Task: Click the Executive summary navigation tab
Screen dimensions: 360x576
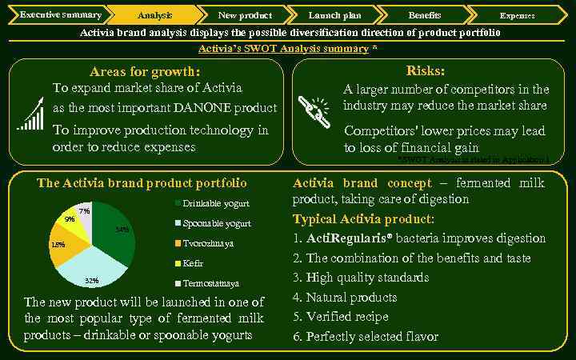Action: pos(59,14)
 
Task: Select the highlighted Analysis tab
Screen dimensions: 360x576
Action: pos(154,15)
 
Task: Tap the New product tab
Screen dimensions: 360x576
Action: pos(245,15)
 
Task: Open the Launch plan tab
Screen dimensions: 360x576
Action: pos(334,15)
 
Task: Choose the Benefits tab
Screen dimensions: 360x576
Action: pos(424,15)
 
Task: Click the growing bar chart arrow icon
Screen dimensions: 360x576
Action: pos(30,114)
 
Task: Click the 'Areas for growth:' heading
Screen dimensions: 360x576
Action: pos(145,72)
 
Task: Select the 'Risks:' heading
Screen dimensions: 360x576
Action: pos(426,71)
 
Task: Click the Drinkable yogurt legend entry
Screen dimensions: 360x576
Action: pos(210,203)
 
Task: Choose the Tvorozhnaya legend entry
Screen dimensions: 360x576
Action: pos(207,243)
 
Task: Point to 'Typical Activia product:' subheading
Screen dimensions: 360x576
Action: pos(364,218)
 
